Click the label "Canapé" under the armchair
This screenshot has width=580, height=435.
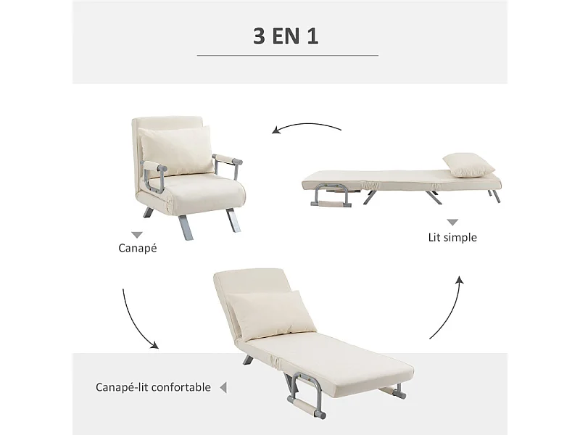pos(137,248)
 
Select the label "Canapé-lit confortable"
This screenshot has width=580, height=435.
pos(153,387)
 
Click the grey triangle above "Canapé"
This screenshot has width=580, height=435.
pos(136,233)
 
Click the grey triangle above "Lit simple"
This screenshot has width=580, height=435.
pos(452,223)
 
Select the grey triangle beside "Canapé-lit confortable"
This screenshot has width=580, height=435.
pos(223,387)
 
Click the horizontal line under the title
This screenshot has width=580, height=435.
pos(288,55)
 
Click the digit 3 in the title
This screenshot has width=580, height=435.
pos(259,37)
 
